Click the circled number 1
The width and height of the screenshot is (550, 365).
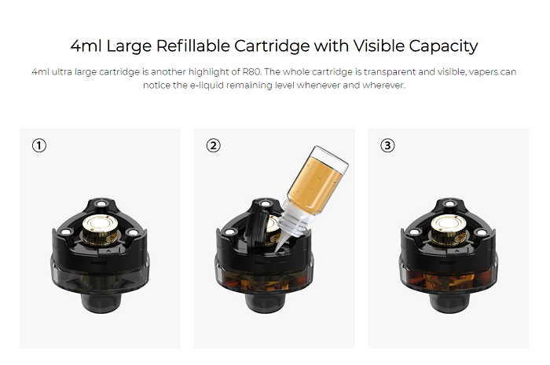(x=39, y=145)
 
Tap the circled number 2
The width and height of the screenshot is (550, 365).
(x=213, y=145)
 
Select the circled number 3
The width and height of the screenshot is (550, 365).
(x=387, y=145)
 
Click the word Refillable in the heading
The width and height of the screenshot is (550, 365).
(x=192, y=46)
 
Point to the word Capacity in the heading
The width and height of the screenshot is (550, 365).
(x=443, y=46)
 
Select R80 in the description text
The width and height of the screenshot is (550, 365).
(x=252, y=71)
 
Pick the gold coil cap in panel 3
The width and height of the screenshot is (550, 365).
(x=449, y=229)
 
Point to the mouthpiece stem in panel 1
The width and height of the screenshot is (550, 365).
(x=101, y=303)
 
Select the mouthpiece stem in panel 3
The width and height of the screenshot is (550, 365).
(x=449, y=303)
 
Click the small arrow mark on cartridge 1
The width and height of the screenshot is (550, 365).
(x=108, y=251)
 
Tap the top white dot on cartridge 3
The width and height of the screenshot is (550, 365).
(x=449, y=204)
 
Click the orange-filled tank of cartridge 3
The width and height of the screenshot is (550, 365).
(x=449, y=280)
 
